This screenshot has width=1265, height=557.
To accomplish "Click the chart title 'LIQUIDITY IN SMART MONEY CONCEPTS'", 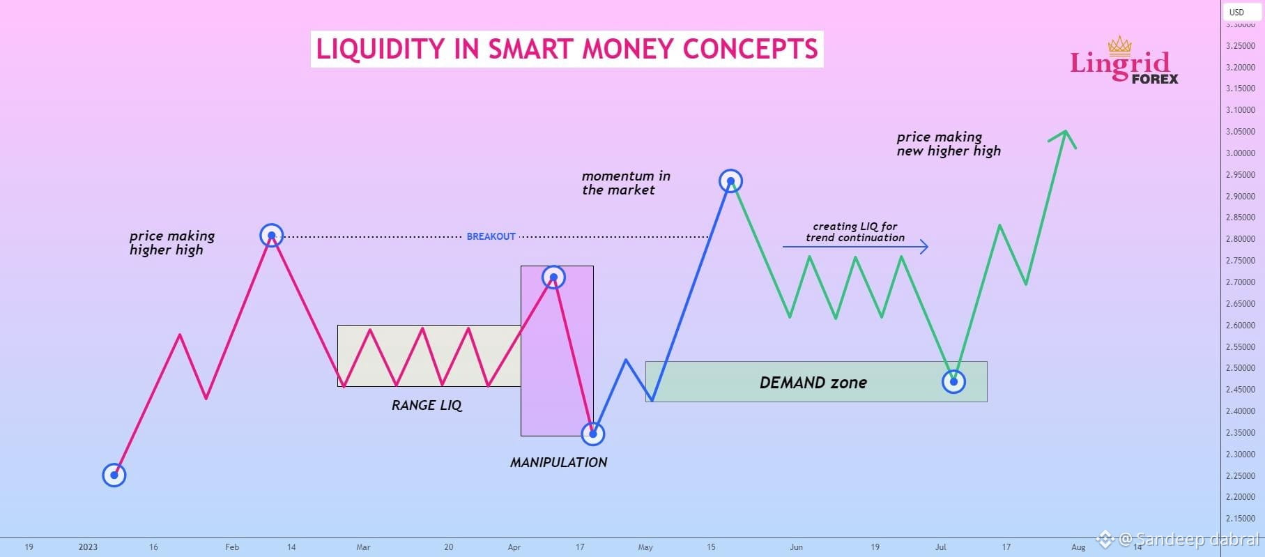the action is (567, 49).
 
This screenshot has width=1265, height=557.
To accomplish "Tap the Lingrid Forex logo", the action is (1124, 61).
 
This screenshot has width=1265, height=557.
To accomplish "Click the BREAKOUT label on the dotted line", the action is (491, 237).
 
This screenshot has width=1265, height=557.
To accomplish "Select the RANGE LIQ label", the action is (427, 405).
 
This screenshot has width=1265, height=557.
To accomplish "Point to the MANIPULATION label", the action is (558, 462).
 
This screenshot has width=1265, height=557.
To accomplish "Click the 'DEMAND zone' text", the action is (813, 382).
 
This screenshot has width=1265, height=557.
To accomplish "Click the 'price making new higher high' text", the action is (949, 144).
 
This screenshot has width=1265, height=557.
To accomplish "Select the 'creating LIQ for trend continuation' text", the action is (855, 231).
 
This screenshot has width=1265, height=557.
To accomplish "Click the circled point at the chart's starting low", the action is (114, 475).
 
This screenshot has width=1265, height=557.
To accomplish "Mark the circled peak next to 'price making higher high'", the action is (271, 236).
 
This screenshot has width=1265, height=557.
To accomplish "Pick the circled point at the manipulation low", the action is (593, 434).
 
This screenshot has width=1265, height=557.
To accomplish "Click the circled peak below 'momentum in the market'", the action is (730, 181).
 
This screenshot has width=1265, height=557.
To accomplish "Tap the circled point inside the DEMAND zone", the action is (953, 381).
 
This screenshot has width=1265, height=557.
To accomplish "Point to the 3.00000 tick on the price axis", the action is (1240, 153).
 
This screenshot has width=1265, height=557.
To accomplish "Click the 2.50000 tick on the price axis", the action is (1240, 368).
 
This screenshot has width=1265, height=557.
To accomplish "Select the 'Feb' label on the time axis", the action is (232, 547).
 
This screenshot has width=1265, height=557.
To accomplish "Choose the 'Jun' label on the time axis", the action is (797, 547).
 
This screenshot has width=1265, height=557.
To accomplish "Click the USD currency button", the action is (1236, 12).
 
